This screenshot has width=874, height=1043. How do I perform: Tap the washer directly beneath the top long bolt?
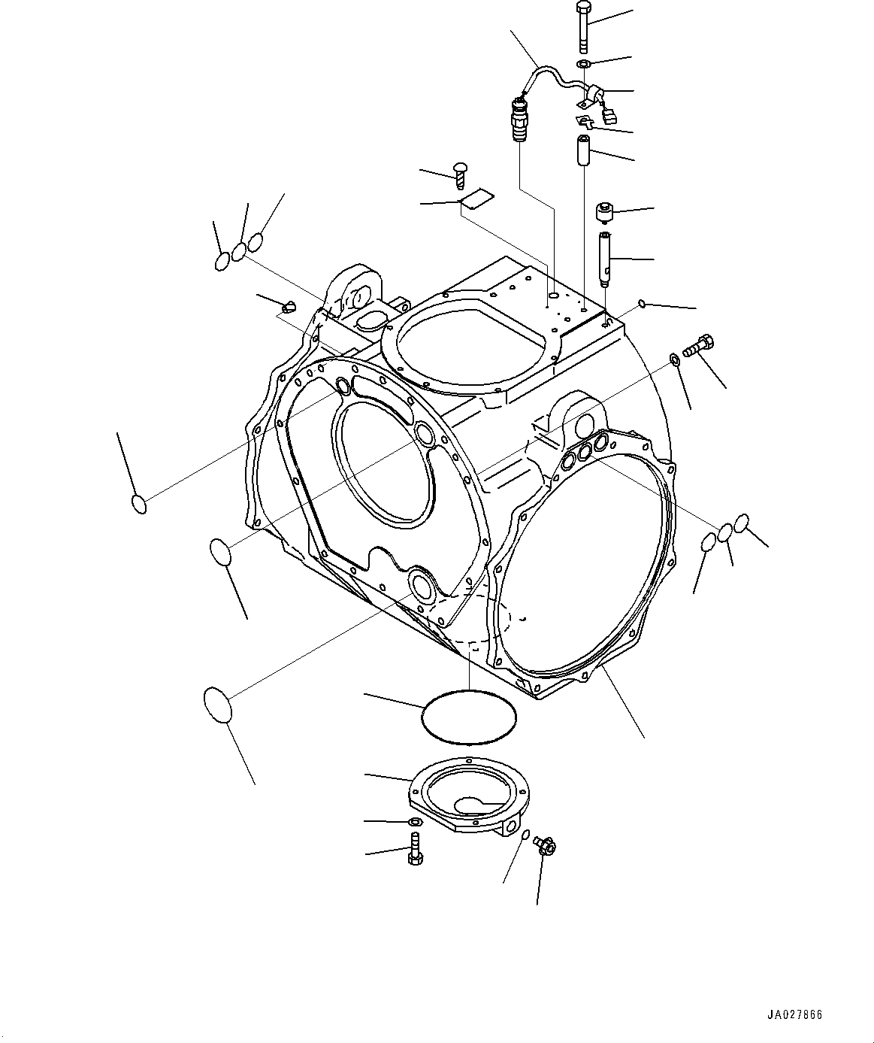(584, 64)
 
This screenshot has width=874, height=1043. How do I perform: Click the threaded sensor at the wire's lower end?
(517, 119)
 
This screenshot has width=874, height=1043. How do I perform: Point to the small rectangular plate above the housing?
(476, 199)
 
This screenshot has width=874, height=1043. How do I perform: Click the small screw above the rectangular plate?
(461, 174)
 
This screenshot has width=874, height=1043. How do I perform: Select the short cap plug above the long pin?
(606, 212)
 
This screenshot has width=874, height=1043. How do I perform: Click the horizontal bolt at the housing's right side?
(698, 348)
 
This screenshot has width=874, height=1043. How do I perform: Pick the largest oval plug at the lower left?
(217, 704)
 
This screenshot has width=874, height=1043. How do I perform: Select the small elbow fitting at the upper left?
(289, 306)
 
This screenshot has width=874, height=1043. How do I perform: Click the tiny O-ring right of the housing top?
(641, 303)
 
